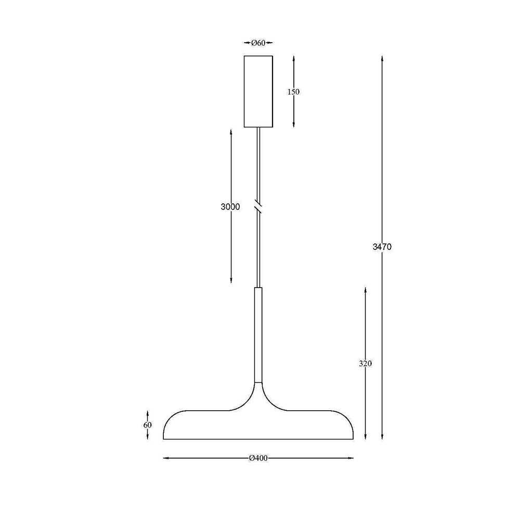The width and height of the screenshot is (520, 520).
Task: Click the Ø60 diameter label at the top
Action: point(258,43)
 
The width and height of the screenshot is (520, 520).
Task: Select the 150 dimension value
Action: point(293,92)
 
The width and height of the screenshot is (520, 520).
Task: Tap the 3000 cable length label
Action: point(230,207)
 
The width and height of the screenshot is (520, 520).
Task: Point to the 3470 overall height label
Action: point(382,246)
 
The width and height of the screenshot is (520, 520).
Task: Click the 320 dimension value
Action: point(365,363)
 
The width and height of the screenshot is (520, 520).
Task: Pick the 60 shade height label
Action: point(148,425)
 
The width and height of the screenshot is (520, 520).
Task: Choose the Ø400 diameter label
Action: point(258,458)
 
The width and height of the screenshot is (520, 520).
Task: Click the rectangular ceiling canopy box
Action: point(258,92)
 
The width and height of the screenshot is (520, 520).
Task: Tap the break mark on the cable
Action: point(258,206)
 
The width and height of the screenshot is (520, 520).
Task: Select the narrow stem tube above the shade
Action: point(258,335)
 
